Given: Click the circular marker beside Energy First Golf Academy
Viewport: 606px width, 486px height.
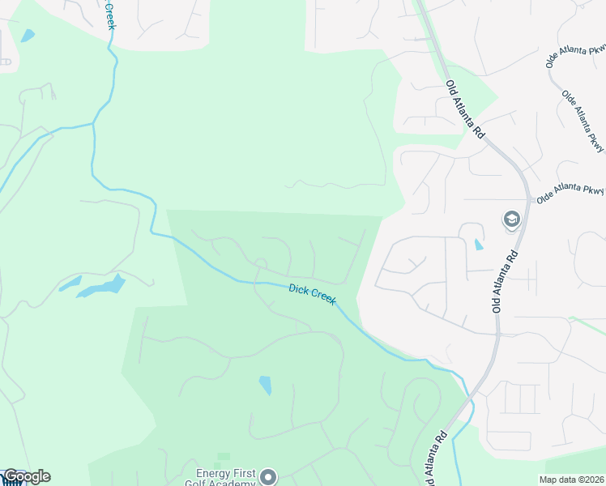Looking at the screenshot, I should pyautogui.click(x=270, y=477).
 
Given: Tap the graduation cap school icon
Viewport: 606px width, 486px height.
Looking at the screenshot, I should pyautogui.click(x=511, y=220).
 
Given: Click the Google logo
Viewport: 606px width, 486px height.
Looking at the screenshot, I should pyautogui.click(x=26, y=476).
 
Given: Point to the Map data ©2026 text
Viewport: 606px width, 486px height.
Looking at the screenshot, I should pyautogui.click(x=572, y=480).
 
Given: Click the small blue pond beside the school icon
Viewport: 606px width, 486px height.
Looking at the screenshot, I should pyautogui.click(x=478, y=244).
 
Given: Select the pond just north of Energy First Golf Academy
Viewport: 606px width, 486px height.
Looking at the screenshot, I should pyautogui.click(x=265, y=386).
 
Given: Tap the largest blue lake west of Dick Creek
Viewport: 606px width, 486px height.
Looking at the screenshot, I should pyautogui.click(x=104, y=287).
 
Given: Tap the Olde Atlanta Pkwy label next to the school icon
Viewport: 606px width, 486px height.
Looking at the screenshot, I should pyautogui.click(x=570, y=193).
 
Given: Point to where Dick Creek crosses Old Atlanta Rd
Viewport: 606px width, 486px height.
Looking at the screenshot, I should pyautogui.click(x=470, y=400).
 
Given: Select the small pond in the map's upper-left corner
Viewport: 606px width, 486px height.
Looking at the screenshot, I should pyautogui.click(x=28, y=36).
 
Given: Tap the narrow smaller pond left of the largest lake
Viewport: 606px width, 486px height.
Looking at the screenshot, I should pyautogui.click(x=70, y=283).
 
